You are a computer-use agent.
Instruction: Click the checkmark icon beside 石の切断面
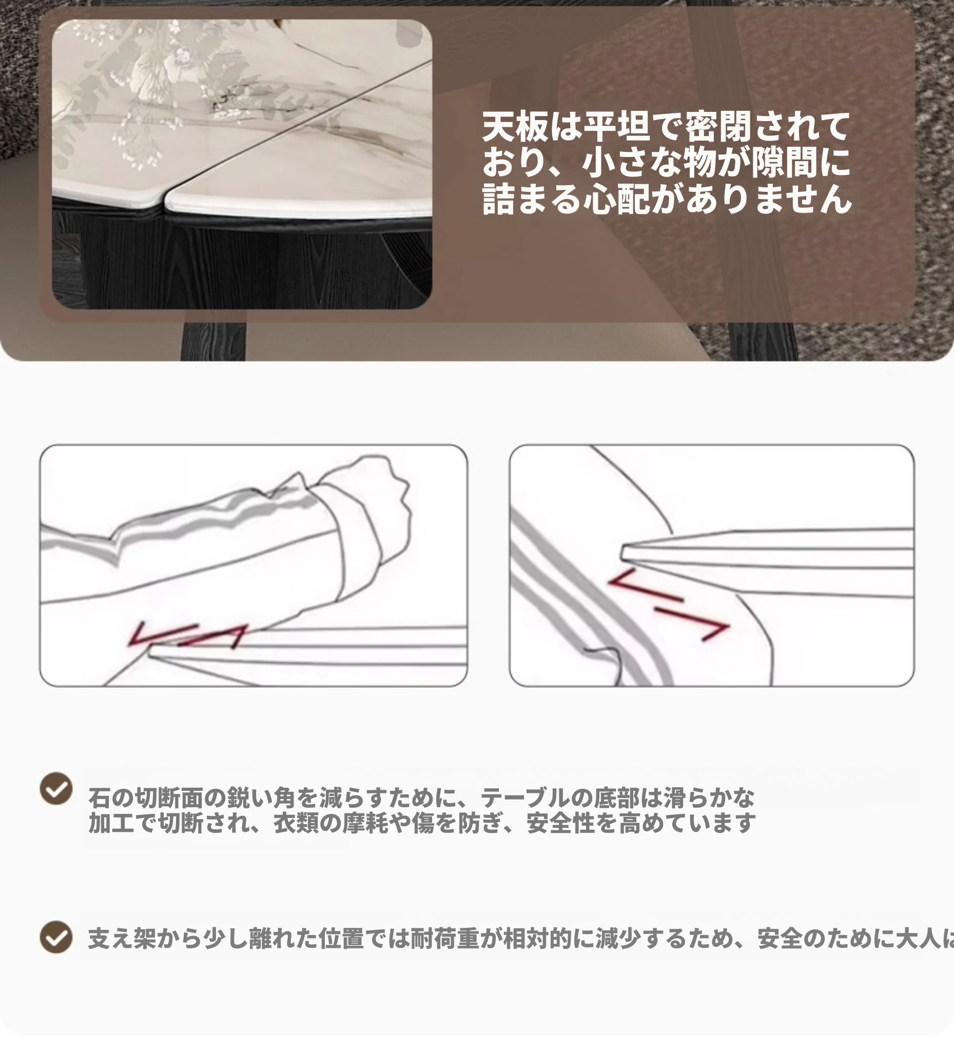(56, 788)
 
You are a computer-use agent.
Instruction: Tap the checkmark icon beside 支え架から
(56, 937)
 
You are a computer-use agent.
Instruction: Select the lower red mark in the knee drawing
(692, 623)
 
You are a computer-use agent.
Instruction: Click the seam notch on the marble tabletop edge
(165, 201)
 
